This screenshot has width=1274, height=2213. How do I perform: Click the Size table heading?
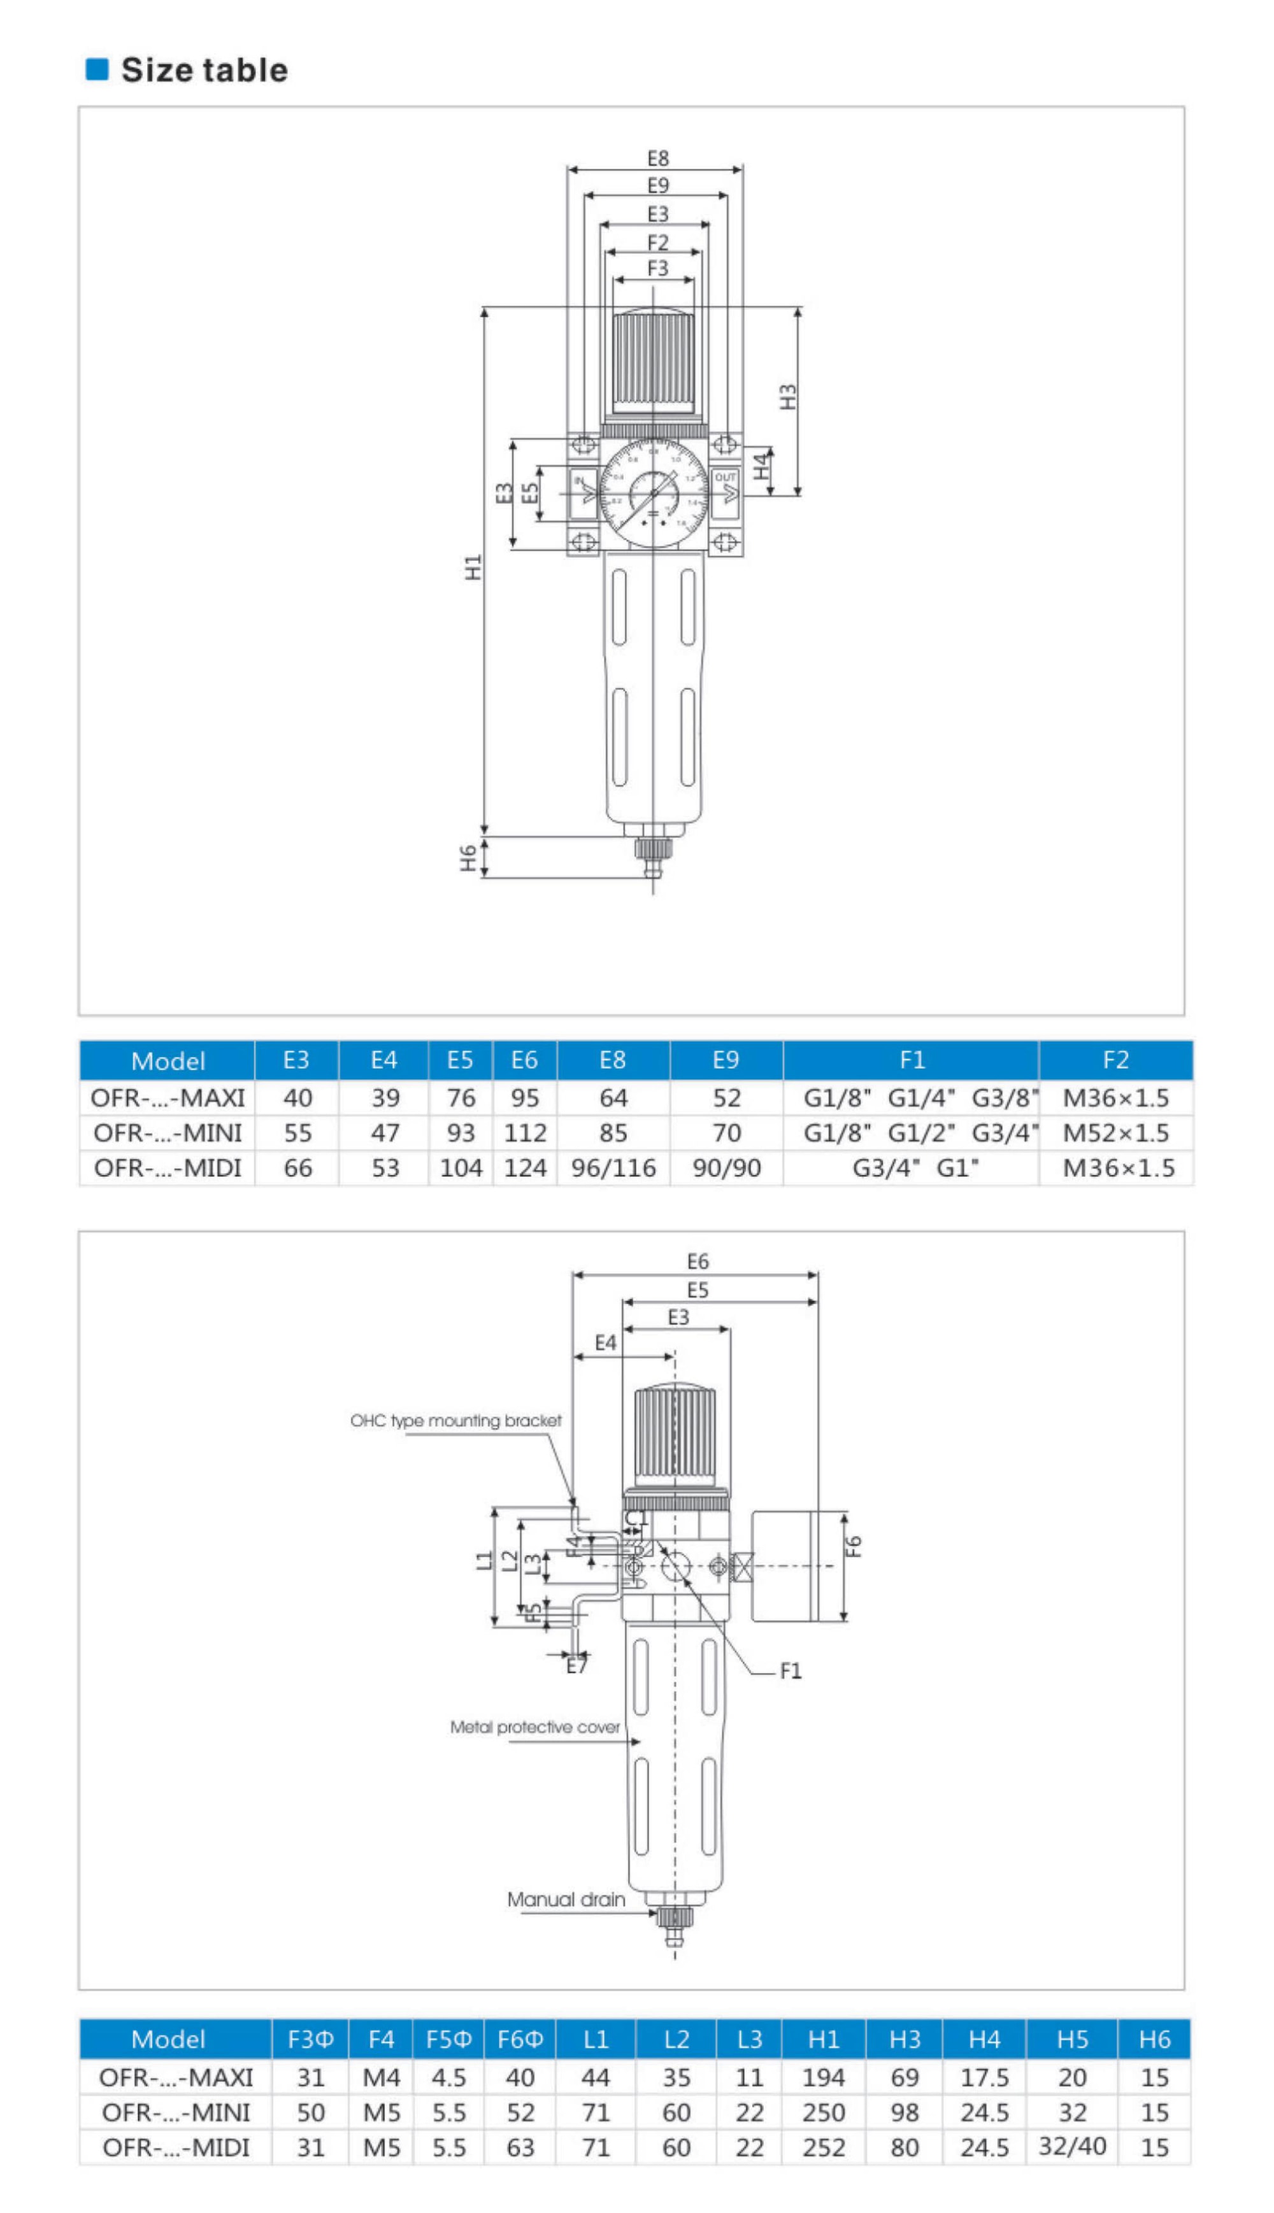pyautogui.click(x=204, y=70)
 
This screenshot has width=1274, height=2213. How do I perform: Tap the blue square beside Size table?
pyautogui.click(x=96, y=69)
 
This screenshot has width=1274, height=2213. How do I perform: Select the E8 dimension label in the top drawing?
pyautogui.click(x=658, y=159)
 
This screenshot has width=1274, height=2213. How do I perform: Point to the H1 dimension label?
pyautogui.click(x=473, y=567)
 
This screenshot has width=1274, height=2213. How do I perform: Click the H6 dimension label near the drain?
pyautogui.click(x=469, y=857)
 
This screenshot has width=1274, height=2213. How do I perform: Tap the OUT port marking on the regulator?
pyautogui.click(x=726, y=478)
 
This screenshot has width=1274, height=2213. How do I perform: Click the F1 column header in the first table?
pyautogui.click(x=912, y=1060)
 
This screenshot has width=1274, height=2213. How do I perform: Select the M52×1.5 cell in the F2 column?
pyautogui.click(x=1115, y=1133)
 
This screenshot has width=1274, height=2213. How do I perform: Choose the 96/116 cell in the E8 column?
pyautogui.click(x=613, y=1168)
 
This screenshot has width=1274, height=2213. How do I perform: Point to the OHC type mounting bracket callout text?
pyautogui.click(x=456, y=1421)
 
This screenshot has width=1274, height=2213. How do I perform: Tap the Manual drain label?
pyautogui.click(x=566, y=1899)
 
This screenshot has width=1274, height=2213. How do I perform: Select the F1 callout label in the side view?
pyautogui.click(x=790, y=1672)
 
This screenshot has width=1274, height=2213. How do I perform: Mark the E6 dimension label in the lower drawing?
pyautogui.click(x=698, y=1262)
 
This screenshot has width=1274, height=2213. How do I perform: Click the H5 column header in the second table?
pyautogui.click(x=1072, y=2039)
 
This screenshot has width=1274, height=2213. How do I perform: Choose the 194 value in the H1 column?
pyautogui.click(x=824, y=2077)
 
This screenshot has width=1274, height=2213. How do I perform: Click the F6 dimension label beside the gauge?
pyautogui.click(x=855, y=1546)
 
